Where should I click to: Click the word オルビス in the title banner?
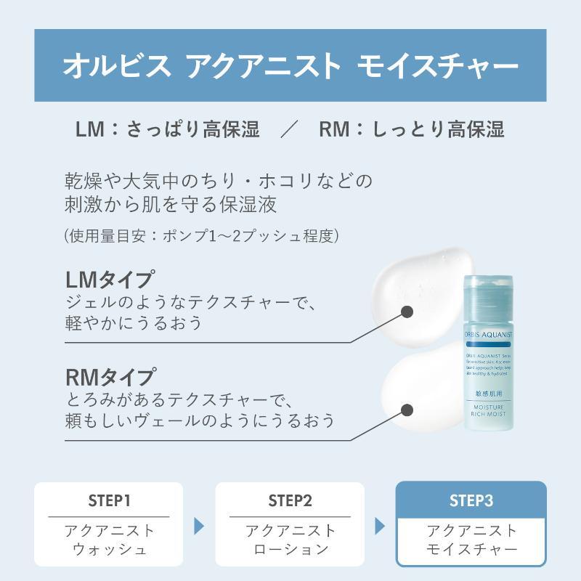pos(117,67)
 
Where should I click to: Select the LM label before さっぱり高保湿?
pos(90,129)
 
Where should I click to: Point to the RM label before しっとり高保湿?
pos(335,129)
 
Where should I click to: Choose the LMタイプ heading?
pos(110,280)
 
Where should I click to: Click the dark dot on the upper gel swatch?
pos(407,312)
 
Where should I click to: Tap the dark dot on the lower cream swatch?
pos(407,410)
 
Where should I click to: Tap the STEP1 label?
pos(109,500)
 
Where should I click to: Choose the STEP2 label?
pos(290,500)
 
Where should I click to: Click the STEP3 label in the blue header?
pos(471,500)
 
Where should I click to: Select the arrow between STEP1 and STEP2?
pos(199,525)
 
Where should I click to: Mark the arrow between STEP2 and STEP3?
pos(380,525)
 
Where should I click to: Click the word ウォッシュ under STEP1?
pos(109,548)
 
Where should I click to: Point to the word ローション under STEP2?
pos(290,548)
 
